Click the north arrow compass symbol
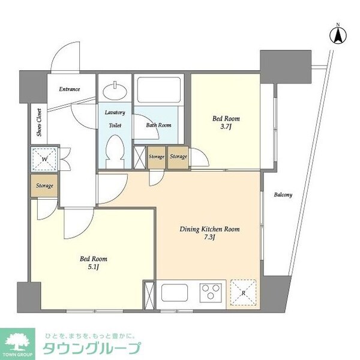338,35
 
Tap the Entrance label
70,89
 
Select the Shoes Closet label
39,122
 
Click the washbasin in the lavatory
115,91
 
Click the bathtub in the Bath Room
158,90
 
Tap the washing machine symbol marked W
44,158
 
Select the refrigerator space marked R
243,293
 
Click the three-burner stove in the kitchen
211,293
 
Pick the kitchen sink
175,293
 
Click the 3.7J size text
226,127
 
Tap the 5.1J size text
93,267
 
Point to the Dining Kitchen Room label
209,229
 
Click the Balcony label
283,195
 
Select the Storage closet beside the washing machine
44,185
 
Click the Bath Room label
158,125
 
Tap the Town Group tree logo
17,343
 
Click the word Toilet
115,125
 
